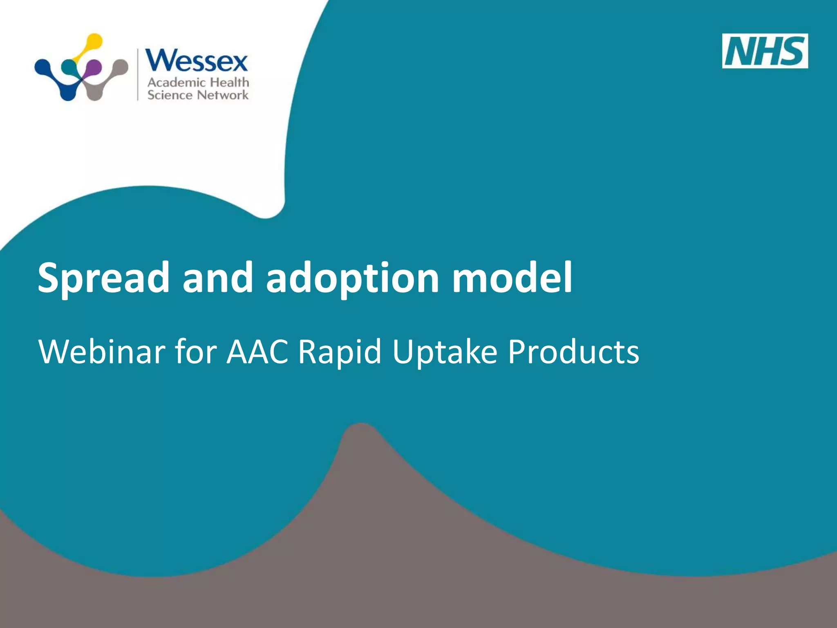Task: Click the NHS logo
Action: click(765, 51)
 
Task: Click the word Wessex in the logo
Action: click(197, 61)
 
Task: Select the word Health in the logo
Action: click(229, 82)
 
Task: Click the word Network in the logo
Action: click(223, 95)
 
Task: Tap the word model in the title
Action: click(512, 278)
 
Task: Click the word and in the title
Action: click(217, 278)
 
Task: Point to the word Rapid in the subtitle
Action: click(339, 352)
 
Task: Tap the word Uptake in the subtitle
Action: click(445, 352)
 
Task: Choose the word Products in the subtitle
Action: click(573, 352)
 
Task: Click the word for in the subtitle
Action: click(195, 352)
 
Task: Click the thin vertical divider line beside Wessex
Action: click(138, 74)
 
